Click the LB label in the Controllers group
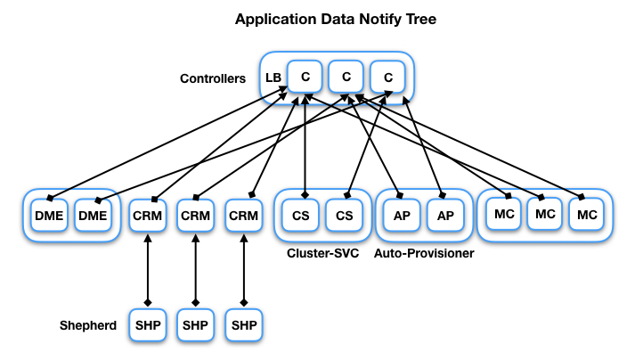(273, 78)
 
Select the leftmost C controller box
(305, 78)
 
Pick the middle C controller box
(346, 78)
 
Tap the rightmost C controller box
(387, 78)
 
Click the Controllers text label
(213, 78)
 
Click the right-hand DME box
(92, 215)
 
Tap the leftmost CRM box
(147, 215)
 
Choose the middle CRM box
(195, 215)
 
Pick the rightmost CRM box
(243, 215)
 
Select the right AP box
(444, 215)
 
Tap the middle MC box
(546, 214)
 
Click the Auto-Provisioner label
(424, 254)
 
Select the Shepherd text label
(88, 325)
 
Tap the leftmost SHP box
(147, 325)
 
